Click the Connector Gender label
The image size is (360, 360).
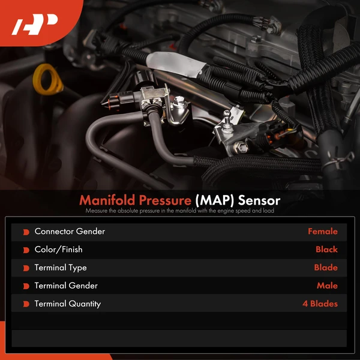[70, 231]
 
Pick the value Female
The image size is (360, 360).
[323, 231]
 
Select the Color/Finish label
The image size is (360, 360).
[59, 249]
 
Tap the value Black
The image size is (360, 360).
[326, 249]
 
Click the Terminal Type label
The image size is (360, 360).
[61, 268]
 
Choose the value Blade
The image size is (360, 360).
[326, 268]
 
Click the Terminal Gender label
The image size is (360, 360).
[66, 286]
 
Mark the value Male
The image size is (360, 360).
[327, 286]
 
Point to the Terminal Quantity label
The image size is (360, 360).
[68, 304]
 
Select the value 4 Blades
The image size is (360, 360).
[320, 304]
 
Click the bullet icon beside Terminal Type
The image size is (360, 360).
[26, 268]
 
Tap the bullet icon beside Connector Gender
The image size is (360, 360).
[26, 232]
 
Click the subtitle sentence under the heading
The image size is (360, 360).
[180, 211]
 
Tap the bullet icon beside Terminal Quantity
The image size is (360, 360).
[26, 304]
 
